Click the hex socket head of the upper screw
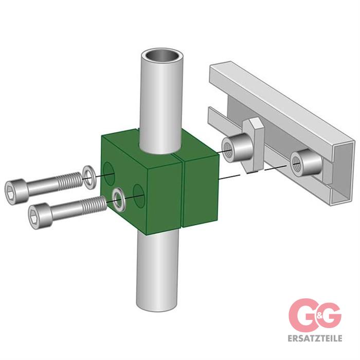point(16,192)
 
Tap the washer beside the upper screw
point(88,177)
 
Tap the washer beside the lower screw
point(119,200)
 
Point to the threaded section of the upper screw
point(69,183)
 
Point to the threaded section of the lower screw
point(94,204)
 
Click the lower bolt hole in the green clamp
point(139,195)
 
